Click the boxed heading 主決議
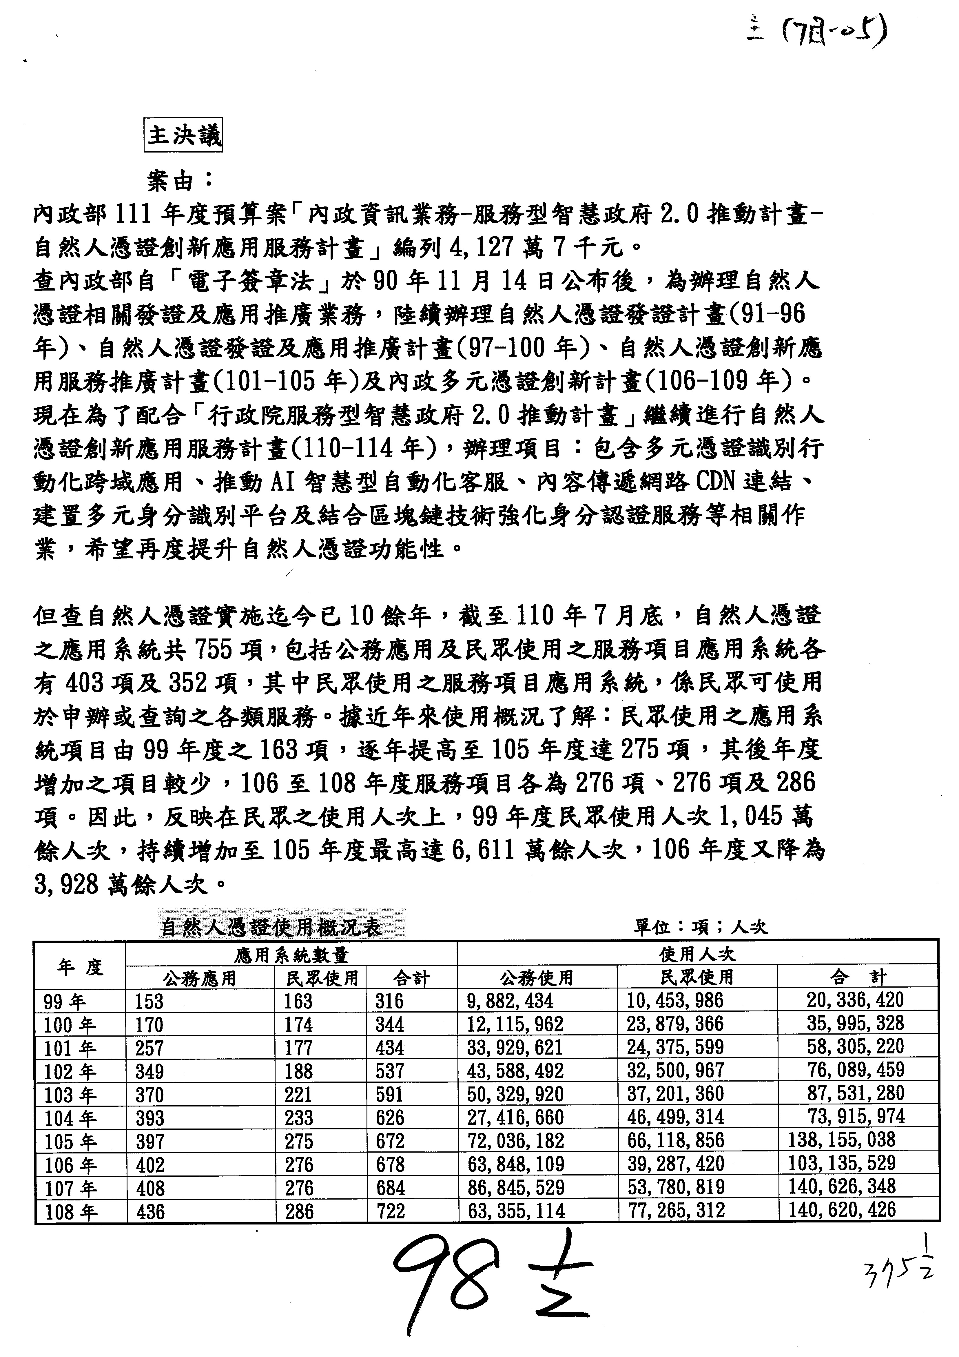pyautogui.click(x=183, y=135)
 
